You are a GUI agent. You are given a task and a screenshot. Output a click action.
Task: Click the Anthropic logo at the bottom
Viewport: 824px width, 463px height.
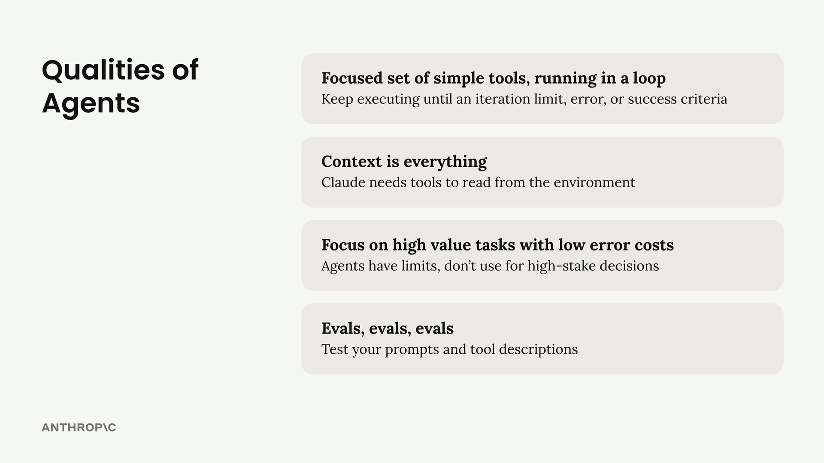79,427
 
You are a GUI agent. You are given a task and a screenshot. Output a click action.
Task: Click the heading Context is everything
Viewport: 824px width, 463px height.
404,162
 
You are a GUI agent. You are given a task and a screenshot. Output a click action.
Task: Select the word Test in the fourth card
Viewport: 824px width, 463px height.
335,349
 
